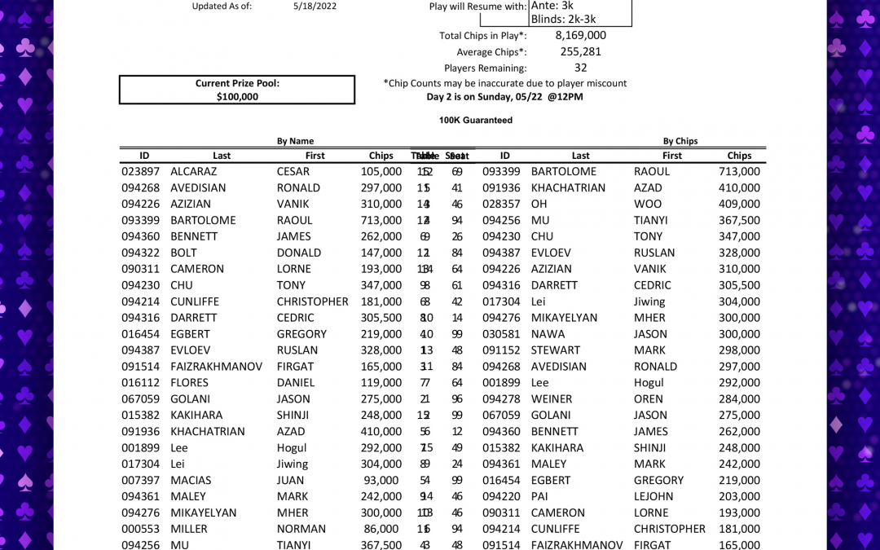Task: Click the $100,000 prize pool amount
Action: pos(237,97)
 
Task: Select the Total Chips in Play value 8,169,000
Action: pos(580,35)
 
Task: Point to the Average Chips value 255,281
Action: pos(580,51)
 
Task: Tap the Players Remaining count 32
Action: pos(580,68)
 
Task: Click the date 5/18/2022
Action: pos(315,6)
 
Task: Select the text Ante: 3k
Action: pos(552,5)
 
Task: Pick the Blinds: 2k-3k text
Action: pos(565,19)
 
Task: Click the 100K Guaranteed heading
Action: pos(476,120)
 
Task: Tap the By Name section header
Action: pos(295,141)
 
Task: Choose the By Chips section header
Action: pos(680,141)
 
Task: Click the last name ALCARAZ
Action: pos(194,171)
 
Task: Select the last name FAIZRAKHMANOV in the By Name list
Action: pos(216,367)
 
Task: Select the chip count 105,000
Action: pos(381,171)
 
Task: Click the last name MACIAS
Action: pos(191,480)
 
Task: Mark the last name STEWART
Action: pos(556,350)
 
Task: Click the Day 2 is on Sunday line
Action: pos(504,97)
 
